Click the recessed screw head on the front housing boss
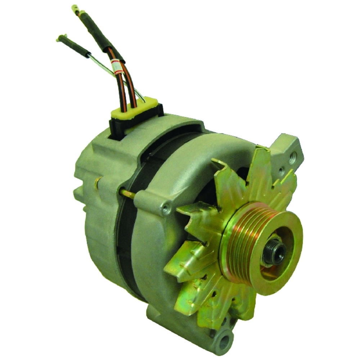[166, 208]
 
